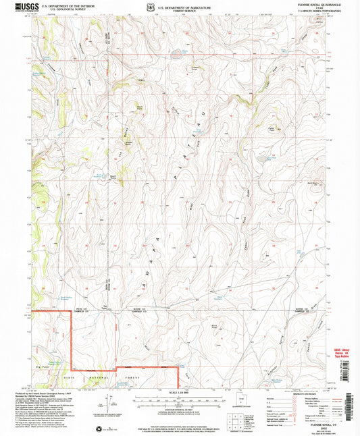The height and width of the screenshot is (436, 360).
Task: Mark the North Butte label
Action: tap(139, 106)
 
